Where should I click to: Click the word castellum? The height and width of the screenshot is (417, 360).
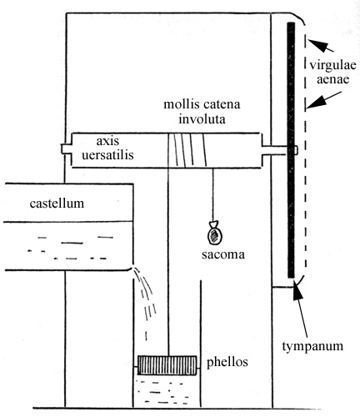tap(57, 203)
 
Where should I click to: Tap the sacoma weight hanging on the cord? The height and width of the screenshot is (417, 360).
tap(215, 234)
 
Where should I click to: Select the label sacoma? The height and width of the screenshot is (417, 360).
tap(223, 254)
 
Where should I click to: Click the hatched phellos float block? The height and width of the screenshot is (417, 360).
tap(167, 365)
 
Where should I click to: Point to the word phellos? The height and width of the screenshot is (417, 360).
tap(227, 363)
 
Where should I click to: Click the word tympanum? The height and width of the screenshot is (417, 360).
tap(312, 347)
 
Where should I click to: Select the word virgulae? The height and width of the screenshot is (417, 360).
tap(332, 66)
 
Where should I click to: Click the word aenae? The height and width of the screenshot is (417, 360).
tap(332, 80)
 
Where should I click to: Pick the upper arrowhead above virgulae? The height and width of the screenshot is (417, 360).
tap(315, 44)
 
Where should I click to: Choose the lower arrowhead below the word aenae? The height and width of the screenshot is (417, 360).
tap(314, 103)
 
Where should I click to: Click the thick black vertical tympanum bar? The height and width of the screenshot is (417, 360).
tap(291, 150)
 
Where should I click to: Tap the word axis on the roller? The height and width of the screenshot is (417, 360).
tap(107, 141)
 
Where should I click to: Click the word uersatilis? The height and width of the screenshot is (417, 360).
tap(107, 155)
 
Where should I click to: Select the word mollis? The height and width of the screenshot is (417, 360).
tap(182, 104)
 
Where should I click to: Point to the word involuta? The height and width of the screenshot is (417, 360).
tap(202, 119)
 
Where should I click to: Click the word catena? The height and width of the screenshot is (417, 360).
tap(222, 105)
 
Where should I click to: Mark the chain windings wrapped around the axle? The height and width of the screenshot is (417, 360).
tap(187, 150)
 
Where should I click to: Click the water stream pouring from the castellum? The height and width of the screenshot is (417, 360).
tap(144, 300)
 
